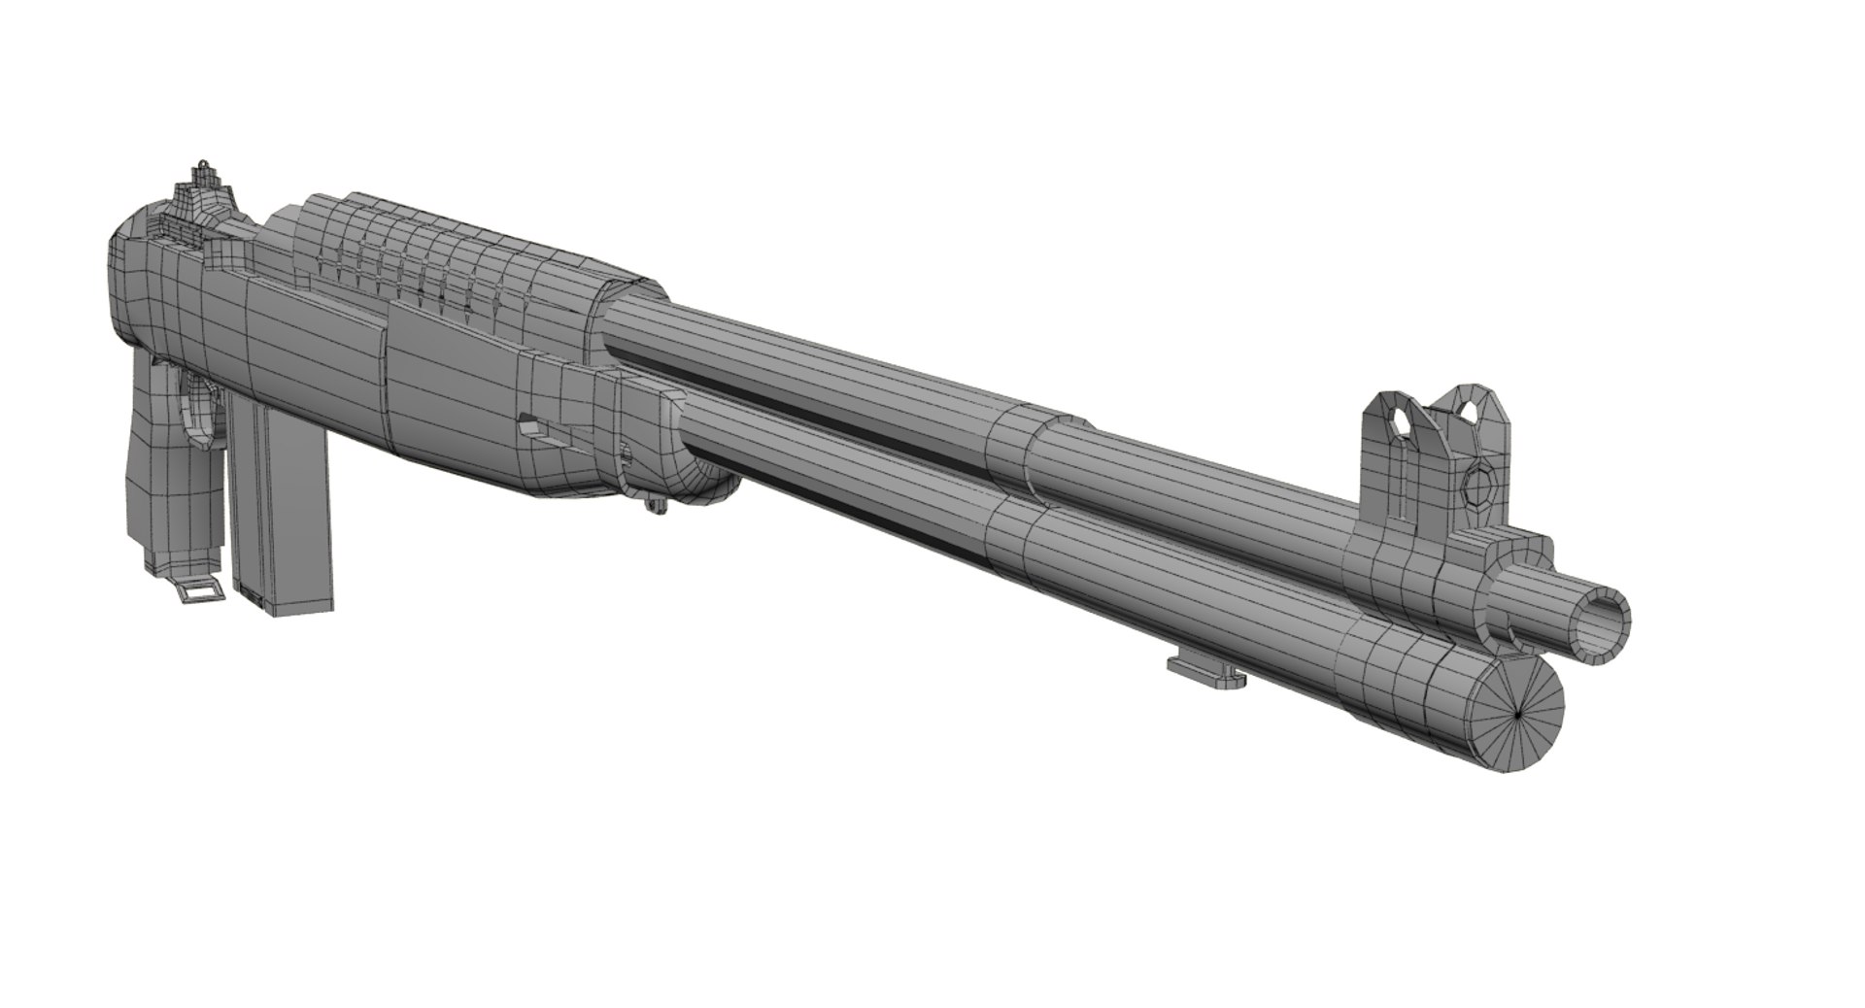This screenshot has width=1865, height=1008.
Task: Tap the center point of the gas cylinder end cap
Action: pyautogui.click(x=1518, y=718)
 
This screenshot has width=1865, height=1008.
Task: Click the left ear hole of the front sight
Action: pyautogui.click(x=1399, y=422)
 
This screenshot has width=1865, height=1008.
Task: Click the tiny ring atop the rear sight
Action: pyautogui.click(x=203, y=166)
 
